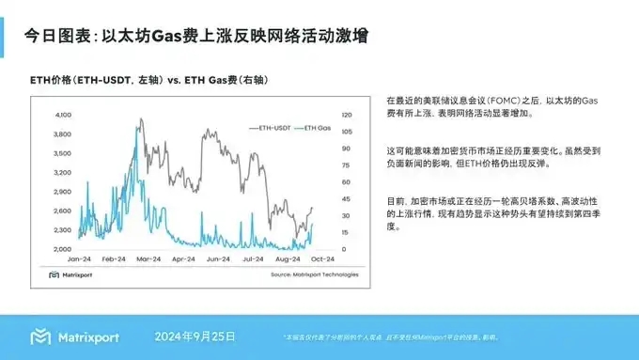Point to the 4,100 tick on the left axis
63,114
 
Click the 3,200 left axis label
63,172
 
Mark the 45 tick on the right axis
345,198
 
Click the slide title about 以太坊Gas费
195,37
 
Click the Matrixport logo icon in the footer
40,337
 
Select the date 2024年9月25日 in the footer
195,336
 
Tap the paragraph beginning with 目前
500,213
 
